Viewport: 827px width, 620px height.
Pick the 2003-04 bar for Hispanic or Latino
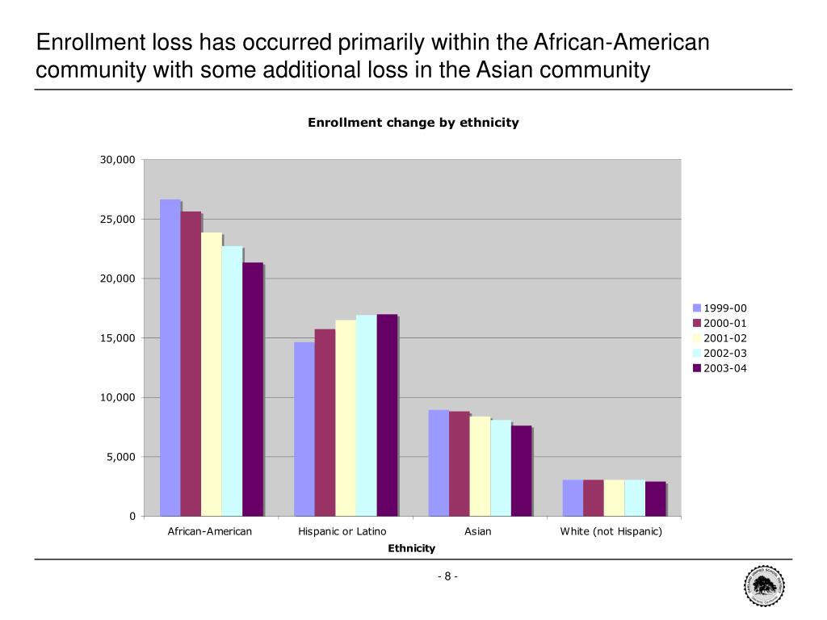pos(387,415)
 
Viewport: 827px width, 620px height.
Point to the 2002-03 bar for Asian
pos(501,467)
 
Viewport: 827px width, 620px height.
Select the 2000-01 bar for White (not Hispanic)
pos(594,497)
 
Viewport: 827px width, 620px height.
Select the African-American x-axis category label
pos(210,531)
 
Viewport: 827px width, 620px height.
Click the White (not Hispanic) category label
pos(611,531)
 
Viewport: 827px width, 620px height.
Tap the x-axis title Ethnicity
pos(411,548)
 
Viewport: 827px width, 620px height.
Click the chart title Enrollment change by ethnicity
pos(413,123)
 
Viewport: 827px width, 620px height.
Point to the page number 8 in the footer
pos(447,576)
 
